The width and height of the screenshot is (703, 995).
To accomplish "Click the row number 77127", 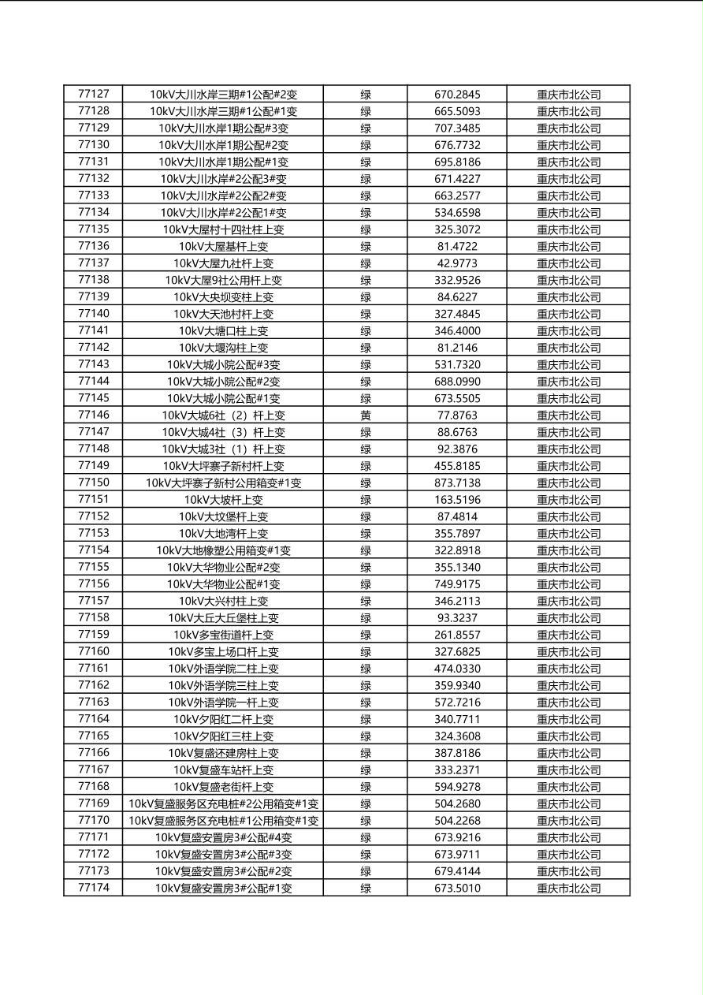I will click(94, 94).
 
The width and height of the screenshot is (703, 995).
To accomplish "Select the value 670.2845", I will click(457, 95).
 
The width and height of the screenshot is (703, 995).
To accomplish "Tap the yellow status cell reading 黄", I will click(366, 416).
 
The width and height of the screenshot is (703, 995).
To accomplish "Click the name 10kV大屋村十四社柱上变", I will click(223, 229).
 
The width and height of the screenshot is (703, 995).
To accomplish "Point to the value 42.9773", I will click(457, 263).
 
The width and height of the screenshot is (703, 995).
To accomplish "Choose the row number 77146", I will click(94, 415).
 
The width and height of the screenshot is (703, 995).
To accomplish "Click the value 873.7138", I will click(457, 483).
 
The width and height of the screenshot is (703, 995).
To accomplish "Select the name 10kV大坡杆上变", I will click(223, 500).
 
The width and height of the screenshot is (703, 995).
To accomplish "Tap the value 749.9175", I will click(457, 584).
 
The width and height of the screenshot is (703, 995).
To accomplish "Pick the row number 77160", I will click(94, 651).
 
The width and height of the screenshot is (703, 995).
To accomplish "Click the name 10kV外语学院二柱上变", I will click(223, 669).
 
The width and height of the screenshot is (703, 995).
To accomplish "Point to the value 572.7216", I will click(457, 702).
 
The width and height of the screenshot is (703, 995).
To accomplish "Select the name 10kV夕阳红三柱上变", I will click(223, 736).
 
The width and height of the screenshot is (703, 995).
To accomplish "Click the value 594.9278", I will click(457, 787).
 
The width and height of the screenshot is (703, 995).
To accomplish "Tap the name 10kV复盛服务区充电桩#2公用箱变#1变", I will click(223, 804).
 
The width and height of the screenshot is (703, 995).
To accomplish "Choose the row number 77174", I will click(94, 888).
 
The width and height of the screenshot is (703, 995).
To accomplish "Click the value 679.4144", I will click(457, 871).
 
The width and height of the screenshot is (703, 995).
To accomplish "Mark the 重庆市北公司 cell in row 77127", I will click(568, 95).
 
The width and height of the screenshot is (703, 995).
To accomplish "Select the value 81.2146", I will click(457, 348).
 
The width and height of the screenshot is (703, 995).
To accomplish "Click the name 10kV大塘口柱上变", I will click(223, 331).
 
